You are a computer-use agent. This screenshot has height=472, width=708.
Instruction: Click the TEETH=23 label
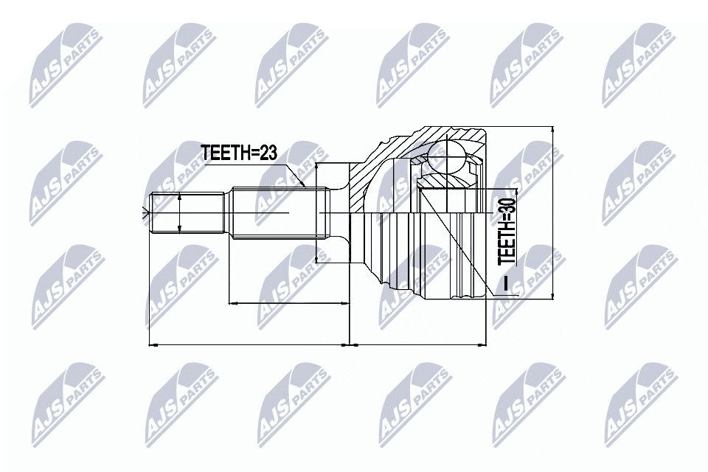pos(239,153)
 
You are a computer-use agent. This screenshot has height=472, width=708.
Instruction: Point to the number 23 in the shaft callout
pos(267,153)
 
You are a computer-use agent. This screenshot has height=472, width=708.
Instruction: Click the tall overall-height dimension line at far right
pos(552,214)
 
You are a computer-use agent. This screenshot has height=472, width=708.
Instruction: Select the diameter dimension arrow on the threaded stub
pos(180,215)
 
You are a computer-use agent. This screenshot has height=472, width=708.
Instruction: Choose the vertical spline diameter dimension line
pos(316,214)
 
